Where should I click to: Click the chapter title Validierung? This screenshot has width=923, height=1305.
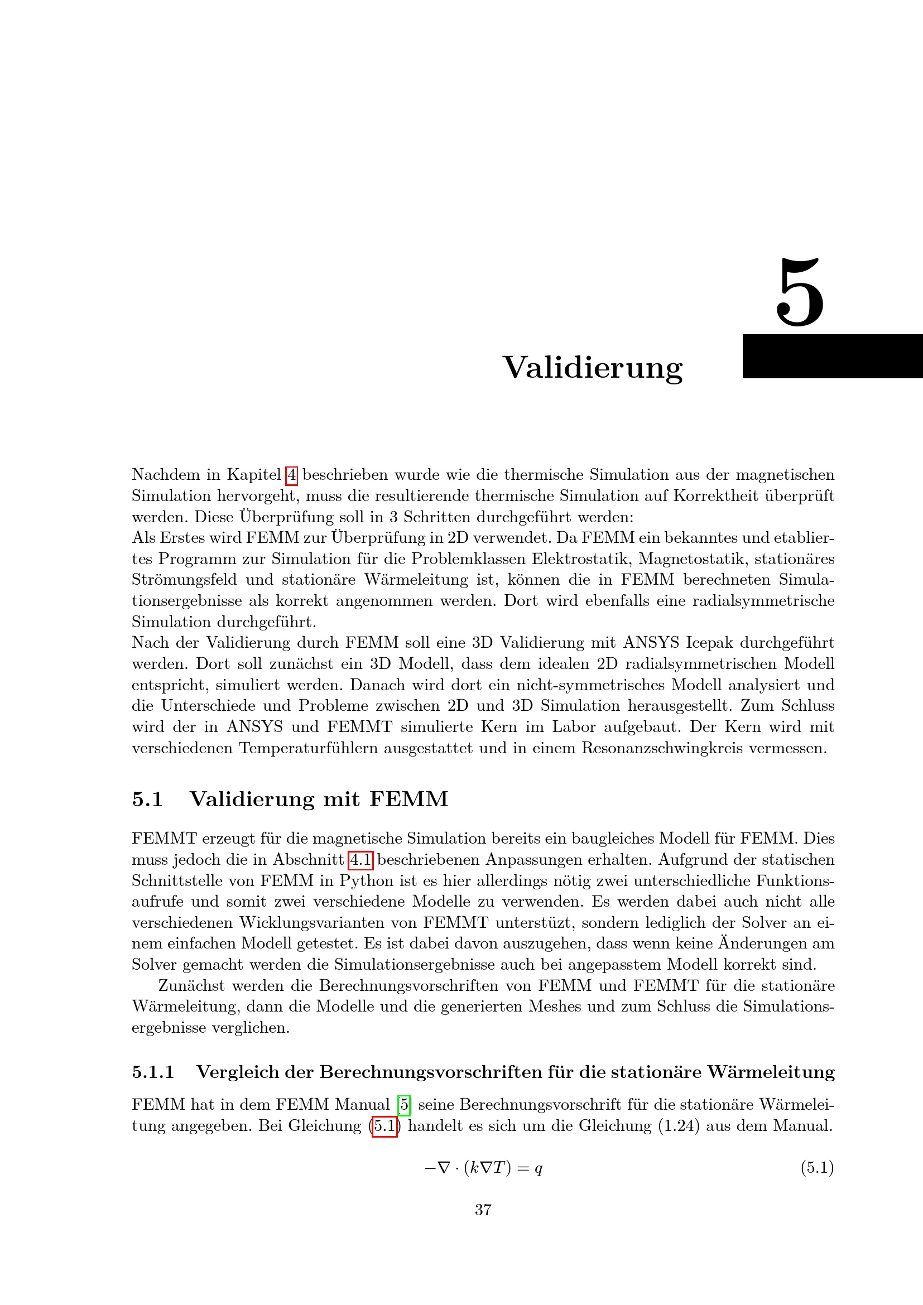[592, 368]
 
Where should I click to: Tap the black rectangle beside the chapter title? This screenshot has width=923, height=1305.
[832, 356]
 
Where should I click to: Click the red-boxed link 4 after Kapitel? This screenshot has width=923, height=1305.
[291, 475]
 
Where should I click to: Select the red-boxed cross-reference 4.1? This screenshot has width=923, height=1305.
[360, 859]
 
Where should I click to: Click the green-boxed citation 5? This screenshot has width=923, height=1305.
[404, 1104]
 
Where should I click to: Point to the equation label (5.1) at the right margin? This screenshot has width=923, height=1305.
[817, 1167]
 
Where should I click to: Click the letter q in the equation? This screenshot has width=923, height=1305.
[538, 1169]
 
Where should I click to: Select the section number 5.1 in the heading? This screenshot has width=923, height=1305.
[147, 799]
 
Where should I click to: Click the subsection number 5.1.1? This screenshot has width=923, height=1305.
[153, 1072]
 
